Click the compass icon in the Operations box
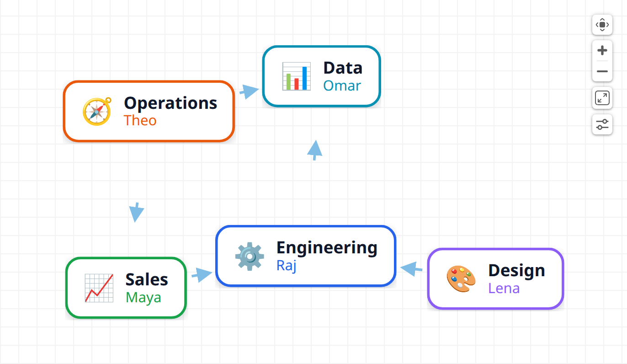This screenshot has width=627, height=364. click(97, 112)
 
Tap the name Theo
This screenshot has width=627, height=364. click(140, 120)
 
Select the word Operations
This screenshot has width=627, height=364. click(170, 103)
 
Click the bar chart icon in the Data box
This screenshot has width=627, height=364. click(297, 76)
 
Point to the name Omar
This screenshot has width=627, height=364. click(342, 86)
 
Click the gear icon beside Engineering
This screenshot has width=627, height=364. click(250, 256)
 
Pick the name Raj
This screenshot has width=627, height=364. click(287, 265)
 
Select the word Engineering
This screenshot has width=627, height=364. click(327, 248)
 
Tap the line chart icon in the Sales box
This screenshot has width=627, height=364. click(99, 288)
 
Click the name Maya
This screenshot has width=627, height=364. click(143, 298)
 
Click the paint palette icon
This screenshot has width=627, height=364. click(461, 279)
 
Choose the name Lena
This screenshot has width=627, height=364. click(504, 289)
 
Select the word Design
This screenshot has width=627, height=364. click(517, 271)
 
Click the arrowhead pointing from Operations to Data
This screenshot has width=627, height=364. click(249, 91)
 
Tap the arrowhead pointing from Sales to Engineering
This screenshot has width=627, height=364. click(202, 275)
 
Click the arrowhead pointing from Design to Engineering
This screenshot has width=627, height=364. click(411, 268)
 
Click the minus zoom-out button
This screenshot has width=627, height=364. click(602, 71)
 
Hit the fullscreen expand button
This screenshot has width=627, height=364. click(602, 98)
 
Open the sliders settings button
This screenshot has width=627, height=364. click(602, 124)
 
